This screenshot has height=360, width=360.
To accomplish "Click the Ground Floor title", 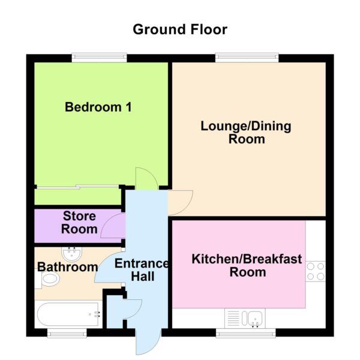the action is pos(180,29).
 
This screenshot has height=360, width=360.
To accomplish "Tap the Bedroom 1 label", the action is pos(98,107).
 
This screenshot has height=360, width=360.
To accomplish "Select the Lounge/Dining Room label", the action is pos(246,133).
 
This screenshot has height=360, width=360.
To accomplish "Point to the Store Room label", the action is pos(79,223).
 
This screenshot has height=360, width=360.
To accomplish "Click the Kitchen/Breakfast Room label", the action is pos(247,265).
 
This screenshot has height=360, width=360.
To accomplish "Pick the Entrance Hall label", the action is pos(142,270).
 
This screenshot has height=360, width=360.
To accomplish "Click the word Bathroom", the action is pos(67,267).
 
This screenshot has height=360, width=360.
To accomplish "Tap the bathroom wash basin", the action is pos(71,254).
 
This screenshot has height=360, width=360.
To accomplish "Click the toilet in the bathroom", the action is pos(47,279).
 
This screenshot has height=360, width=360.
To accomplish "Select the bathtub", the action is pos(68,314).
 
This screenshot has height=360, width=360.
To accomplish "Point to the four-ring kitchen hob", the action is pos(316,271).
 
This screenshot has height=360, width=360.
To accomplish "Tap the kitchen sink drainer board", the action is pos(233,319).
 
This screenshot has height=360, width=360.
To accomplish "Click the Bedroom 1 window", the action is pos(99,58).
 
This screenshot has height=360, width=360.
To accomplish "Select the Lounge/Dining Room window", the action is pos(247,58).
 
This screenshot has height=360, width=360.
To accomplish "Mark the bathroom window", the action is pos(67,333).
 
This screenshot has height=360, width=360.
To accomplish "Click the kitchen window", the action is pos(246,333).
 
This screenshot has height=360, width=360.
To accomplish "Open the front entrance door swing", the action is pos(148,342).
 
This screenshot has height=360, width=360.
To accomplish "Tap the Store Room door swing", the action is pos(113,226).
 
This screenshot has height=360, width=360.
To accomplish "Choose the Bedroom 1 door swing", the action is pos(147,178).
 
